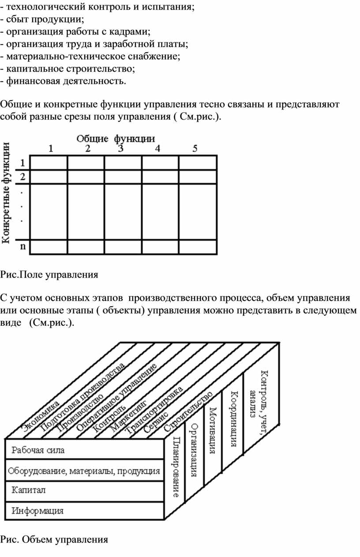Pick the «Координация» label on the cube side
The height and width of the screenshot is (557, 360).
(x=234, y=419)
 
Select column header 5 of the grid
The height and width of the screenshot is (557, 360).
(x=195, y=148)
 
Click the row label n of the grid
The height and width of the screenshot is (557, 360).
(x=23, y=246)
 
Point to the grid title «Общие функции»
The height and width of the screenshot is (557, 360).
(x=116, y=139)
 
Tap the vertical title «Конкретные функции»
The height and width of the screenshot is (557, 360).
(x=6, y=193)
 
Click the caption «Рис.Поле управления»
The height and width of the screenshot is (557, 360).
(x=49, y=275)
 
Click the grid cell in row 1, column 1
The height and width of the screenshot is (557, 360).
(x=49, y=163)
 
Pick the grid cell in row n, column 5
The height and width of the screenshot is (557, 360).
(x=198, y=247)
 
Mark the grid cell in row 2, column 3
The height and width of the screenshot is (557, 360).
(x=123, y=177)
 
